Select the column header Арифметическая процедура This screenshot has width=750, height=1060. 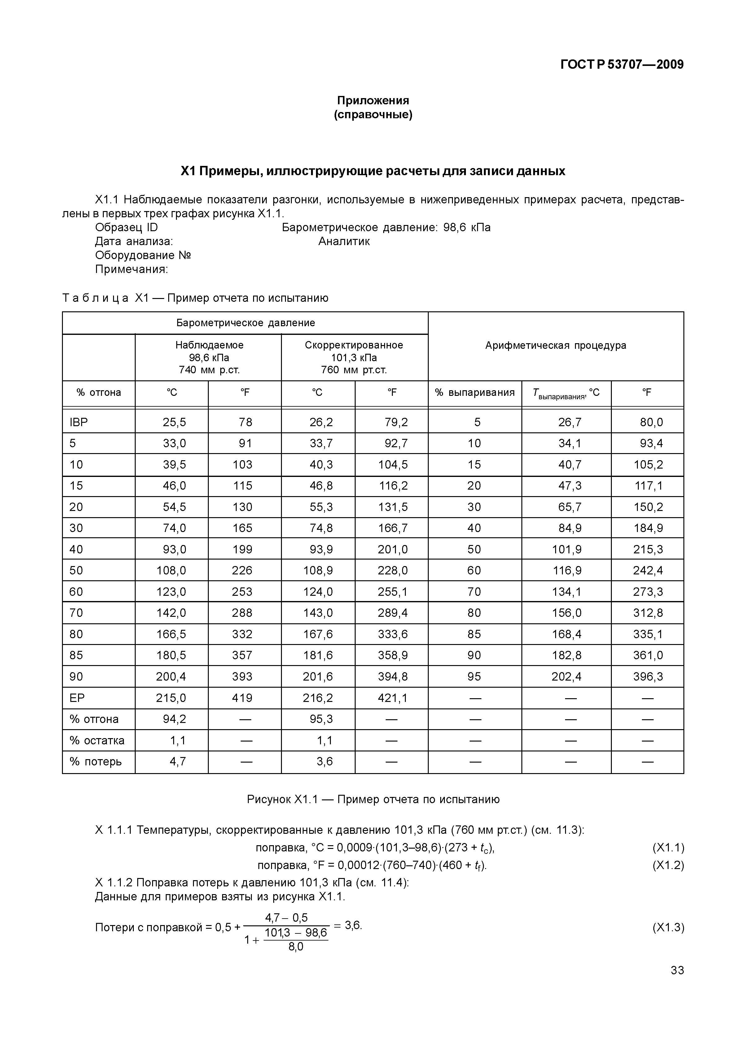tap(555, 345)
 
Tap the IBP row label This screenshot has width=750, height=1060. tap(79, 422)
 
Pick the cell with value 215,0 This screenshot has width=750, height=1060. tap(171, 698)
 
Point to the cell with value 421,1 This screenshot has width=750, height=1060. tap(393, 698)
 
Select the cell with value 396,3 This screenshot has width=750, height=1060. tap(648, 676)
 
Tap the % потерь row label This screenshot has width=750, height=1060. tap(96, 761)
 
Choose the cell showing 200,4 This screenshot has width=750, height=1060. tap(171, 676)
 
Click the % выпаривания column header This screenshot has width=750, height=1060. tap(475, 392)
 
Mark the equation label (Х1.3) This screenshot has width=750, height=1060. tap(668, 928)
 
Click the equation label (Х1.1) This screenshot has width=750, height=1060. tap(668, 848)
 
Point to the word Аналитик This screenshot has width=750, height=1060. tap(344, 241)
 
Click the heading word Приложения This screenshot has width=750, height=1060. tap(373, 100)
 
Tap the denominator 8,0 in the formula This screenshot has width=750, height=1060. tap(296, 947)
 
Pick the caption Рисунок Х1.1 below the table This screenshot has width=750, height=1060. tap(282, 799)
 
